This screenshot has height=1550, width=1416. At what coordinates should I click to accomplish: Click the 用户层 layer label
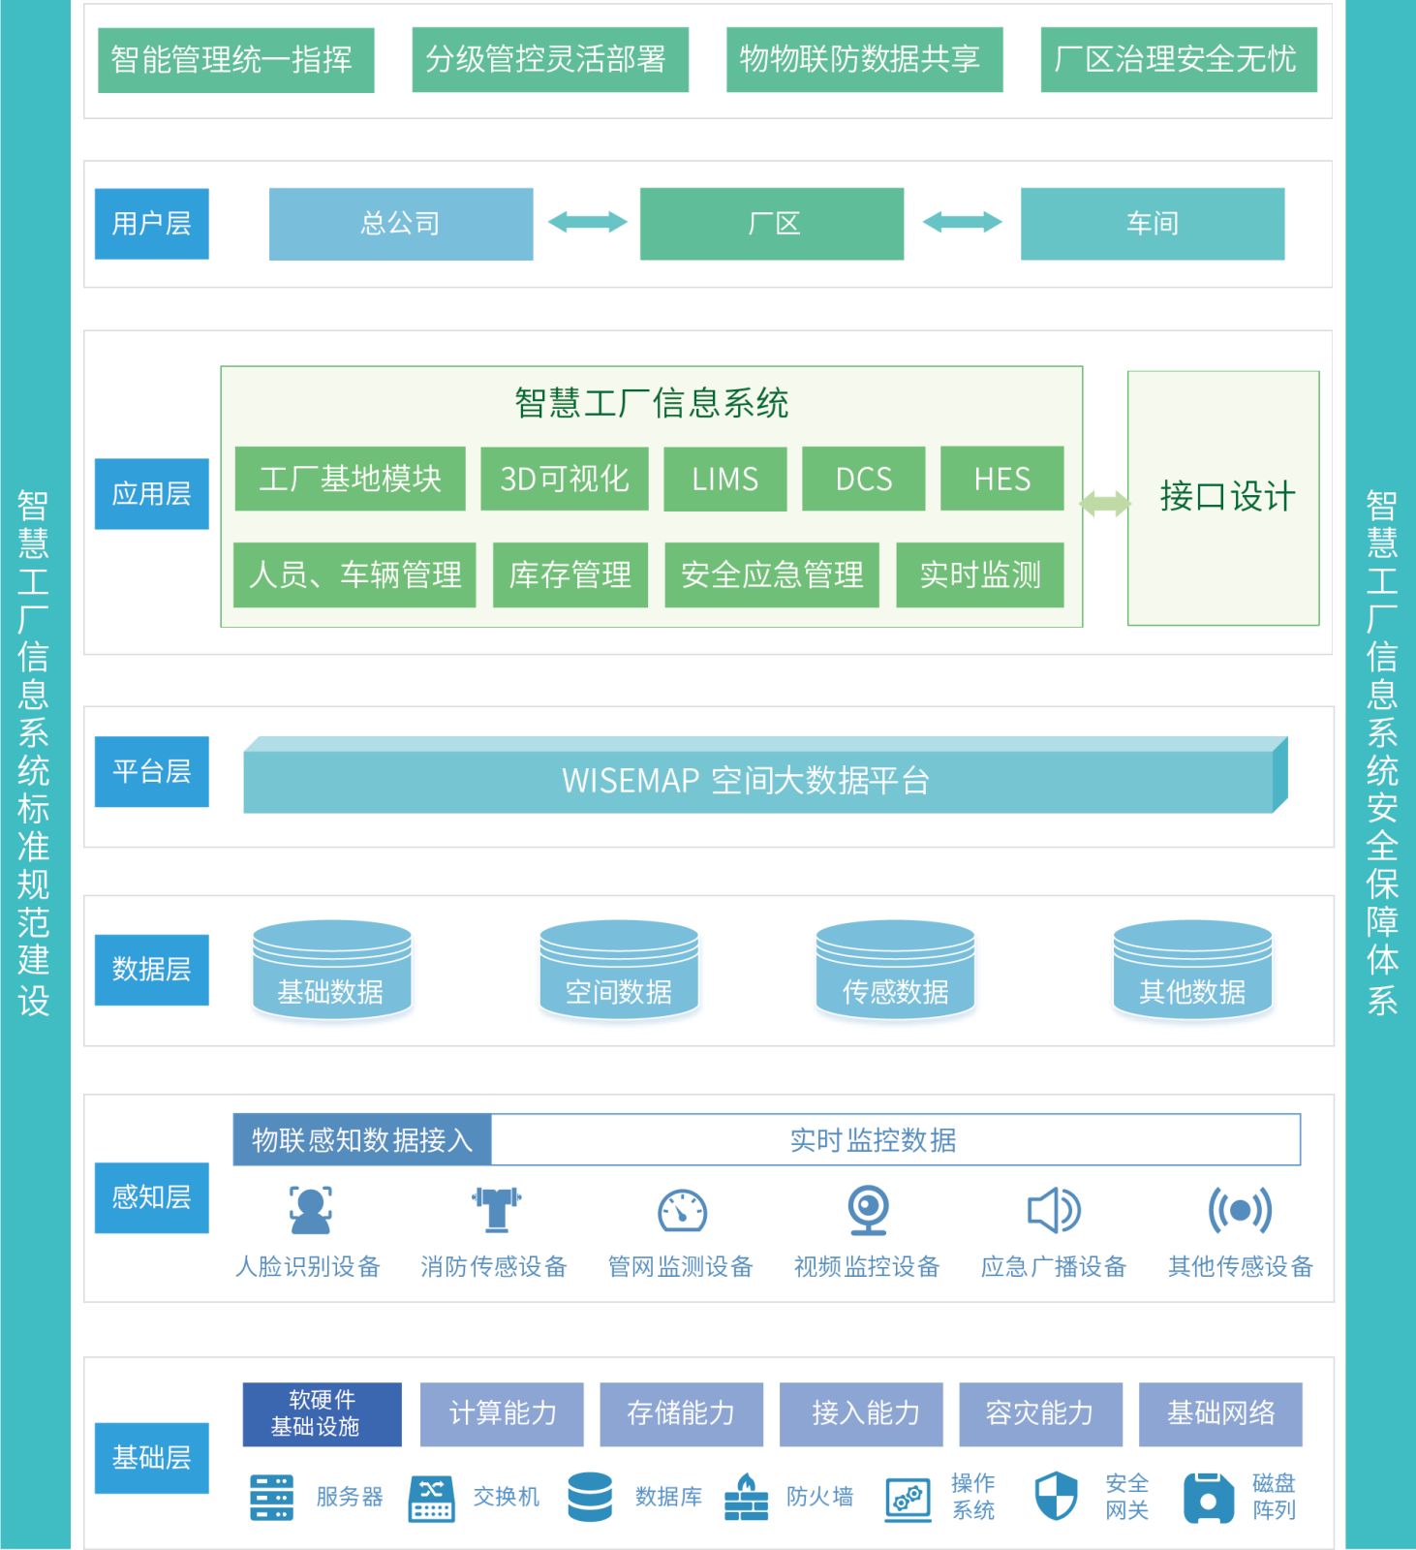(x=151, y=224)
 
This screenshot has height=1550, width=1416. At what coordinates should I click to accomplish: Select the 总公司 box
(x=401, y=224)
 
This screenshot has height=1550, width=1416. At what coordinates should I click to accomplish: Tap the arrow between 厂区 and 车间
(x=962, y=223)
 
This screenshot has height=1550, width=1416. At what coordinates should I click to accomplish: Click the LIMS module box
(x=724, y=479)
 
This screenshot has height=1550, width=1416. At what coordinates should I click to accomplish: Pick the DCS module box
(x=863, y=479)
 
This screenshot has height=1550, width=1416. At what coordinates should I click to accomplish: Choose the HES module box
(x=1001, y=479)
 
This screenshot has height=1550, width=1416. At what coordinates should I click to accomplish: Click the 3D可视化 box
(x=564, y=479)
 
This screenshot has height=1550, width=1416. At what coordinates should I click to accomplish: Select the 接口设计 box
(x=1222, y=498)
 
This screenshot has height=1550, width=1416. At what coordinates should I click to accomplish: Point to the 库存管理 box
(x=569, y=574)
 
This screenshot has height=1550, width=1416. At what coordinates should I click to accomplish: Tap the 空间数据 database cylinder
(x=619, y=973)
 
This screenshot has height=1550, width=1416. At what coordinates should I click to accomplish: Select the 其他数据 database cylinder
(x=1192, y=973)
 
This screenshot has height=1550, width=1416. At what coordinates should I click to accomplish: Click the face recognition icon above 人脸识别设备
(x=310, y=1210)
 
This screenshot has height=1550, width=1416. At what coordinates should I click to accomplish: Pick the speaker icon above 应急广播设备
(x=1053, y=1210)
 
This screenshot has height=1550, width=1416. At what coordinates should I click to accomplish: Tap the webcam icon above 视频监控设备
(x=868, y=1210)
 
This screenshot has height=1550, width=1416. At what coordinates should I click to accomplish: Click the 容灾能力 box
(x=1040, y=1413)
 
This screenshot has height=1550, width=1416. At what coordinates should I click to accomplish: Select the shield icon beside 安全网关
(x=1055, y=1496)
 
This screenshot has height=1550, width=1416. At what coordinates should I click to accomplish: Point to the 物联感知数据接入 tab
(x=362, y=1139)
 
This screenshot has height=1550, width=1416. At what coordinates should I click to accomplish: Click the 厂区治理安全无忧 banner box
(x=1178, y=59)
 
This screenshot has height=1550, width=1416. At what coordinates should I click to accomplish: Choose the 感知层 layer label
(x=151, y=1197)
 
